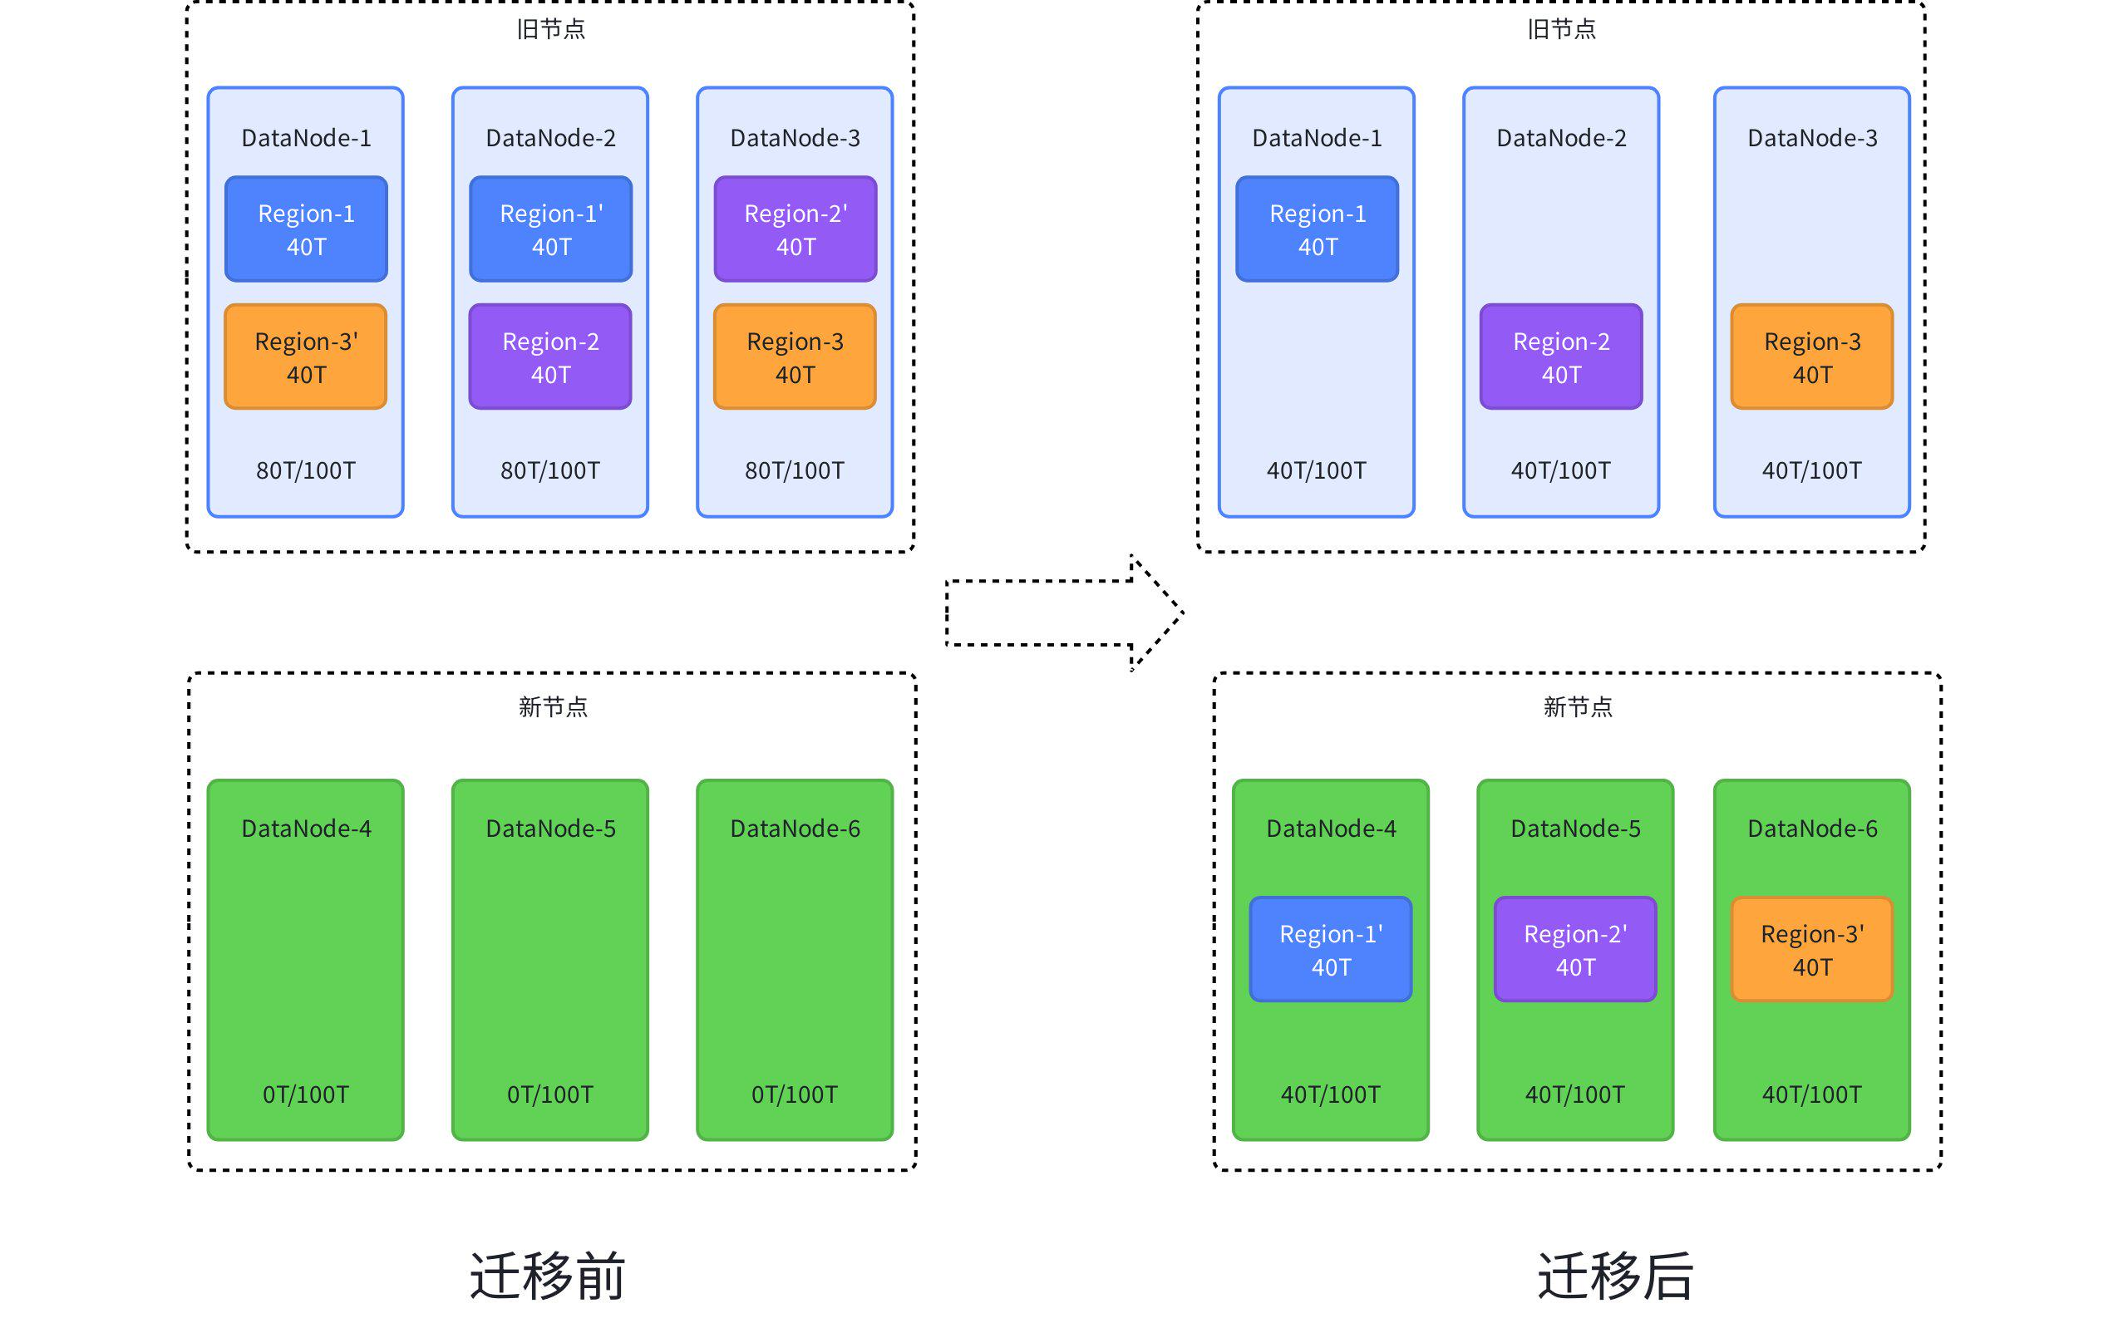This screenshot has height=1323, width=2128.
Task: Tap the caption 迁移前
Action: click(x=547, y=1276)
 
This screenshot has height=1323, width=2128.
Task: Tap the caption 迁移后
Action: click(x=1615, y=1276)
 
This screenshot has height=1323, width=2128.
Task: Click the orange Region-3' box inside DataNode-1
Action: click(x=305, y=357)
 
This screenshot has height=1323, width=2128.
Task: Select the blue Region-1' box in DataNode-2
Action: click(x=550, y=229)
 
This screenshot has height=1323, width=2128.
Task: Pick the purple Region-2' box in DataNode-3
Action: click(x=795, y=229)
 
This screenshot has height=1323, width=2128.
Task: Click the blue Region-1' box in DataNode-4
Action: click(x=1330, y=949)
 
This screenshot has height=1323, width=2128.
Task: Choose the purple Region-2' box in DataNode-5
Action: click(x=1575, y=949)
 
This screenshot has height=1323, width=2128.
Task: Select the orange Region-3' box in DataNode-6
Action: click(x=1811, y=949)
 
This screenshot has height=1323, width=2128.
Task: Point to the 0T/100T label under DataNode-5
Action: click(x=549, y=1094)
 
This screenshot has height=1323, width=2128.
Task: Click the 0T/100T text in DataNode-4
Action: click(x=305, y=1094)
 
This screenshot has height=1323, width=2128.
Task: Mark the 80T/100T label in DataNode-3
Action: click(x=795, y=470)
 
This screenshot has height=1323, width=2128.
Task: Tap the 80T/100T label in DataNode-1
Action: click(x=305, y=470)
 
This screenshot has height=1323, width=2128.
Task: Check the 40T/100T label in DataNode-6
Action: click(x=1811, y=1094)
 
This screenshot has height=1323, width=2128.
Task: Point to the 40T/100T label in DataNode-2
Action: click(x=1560, y=470)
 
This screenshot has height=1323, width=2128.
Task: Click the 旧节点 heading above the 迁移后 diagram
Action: click(x=1561, y=30)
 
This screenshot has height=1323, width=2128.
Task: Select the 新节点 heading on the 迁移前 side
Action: click(x=552, y=707)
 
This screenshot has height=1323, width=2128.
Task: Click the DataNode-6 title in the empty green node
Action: click(x=795, y=829)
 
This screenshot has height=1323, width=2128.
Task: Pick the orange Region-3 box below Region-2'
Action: click(x=795, y=357)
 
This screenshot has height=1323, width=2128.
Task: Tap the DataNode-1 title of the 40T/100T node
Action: click(x=1316, y=138)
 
